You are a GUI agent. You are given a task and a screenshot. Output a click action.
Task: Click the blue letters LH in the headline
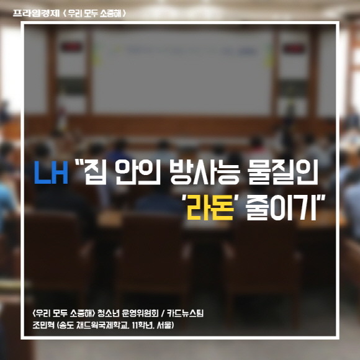(x=51, y=173)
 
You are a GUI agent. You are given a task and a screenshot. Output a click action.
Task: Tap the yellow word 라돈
(x=210, y=207)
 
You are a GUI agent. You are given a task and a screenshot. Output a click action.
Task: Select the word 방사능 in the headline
(x=205, y=172)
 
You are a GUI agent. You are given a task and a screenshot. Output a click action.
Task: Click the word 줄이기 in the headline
(x=281, y=207)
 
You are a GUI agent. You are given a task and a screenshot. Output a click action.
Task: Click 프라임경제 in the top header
(x=36, y=13)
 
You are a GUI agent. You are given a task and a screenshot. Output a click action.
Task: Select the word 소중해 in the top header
(x=110, y=13)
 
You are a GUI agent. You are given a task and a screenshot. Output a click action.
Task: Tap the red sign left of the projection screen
(x=71, y=47)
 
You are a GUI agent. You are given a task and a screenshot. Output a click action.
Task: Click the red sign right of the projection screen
(x=294, y=48)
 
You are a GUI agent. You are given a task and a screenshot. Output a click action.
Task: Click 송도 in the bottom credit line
(x=67, y=325)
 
